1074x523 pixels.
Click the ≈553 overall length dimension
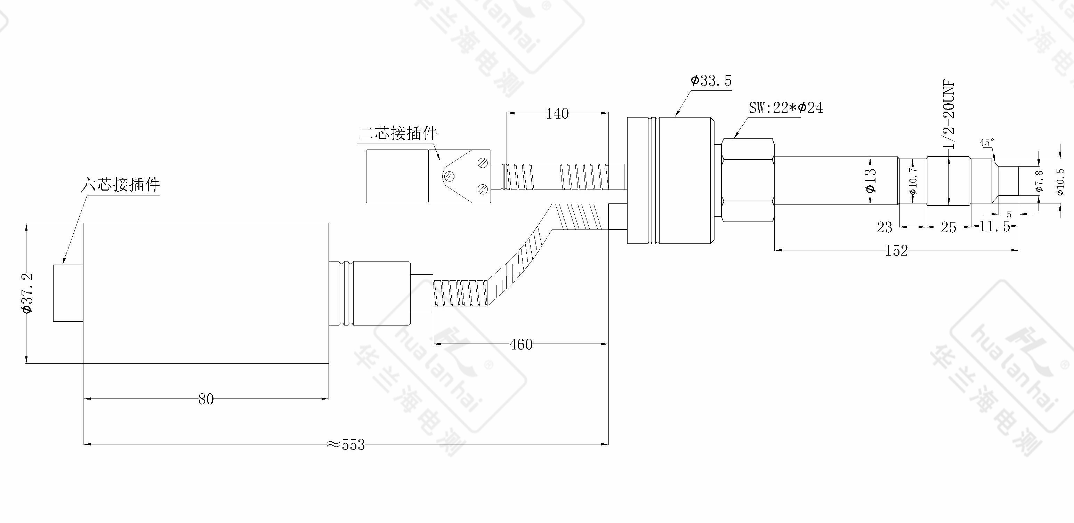345,445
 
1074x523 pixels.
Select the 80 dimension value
206,399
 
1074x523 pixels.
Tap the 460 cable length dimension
521,345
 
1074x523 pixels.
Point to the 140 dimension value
557,113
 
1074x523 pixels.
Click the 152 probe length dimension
896,250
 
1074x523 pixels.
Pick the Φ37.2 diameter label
28,293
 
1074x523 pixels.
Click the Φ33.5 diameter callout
711,80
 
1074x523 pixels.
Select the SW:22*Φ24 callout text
786,107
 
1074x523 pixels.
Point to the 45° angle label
987,143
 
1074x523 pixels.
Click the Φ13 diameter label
871,180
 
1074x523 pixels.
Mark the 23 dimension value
884,227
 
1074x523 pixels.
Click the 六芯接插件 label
121,184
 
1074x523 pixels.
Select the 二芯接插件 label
398,133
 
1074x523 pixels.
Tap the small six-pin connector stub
68,293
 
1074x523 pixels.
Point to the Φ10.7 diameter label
912,180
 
